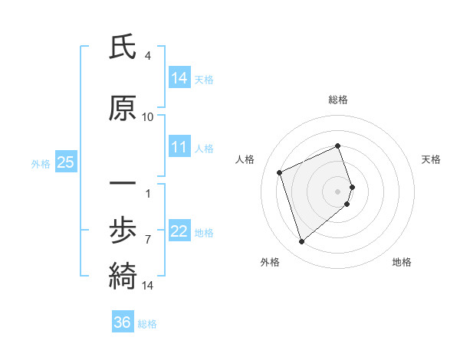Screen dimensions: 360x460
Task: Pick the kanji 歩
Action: tap(123, 228)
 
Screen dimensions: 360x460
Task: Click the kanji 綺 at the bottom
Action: tap(123, 273)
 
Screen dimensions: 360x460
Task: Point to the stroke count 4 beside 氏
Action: tap(148, 56)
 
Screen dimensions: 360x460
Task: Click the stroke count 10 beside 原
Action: tap(148, 117)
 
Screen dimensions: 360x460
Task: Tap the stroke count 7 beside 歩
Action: tap(148, 239)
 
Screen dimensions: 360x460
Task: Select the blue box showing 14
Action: tap(179, 77)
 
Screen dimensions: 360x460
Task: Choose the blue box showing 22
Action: tap(179, 231)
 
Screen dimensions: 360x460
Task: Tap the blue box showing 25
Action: tap(65, 162)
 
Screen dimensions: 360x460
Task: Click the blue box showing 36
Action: tap(123, 322)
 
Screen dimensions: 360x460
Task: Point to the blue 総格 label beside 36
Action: tap(147, 324)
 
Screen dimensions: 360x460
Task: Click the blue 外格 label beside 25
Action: tap(41, 163)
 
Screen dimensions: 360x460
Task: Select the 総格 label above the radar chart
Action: tap(338, 100)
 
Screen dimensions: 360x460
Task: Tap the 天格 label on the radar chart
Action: tap(432, 159)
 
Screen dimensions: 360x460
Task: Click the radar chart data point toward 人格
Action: tap(280, 172)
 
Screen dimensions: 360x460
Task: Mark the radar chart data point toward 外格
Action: tap(301, 242)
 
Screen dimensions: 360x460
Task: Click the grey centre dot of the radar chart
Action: tap(338, 191)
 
